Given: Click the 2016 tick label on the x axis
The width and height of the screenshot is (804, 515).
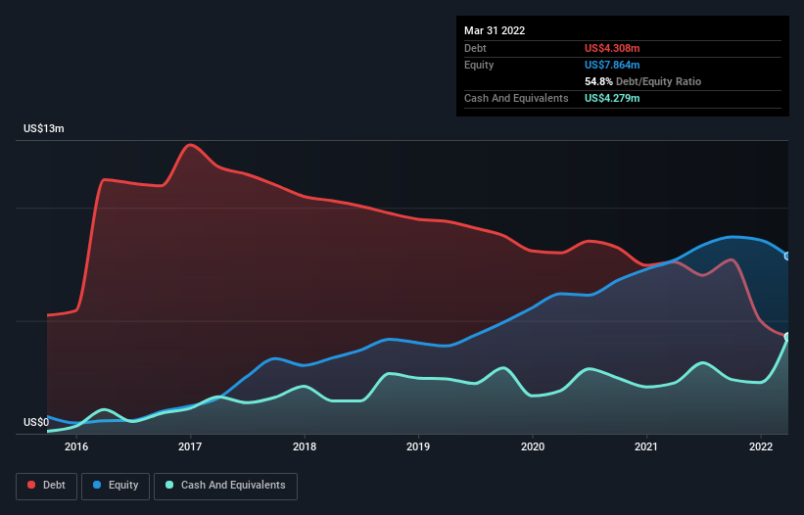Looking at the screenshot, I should [76, 446].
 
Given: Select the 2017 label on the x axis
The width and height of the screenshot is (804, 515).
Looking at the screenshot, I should [190, 446].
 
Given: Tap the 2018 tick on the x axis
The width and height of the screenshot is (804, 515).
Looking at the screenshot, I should [305, 446].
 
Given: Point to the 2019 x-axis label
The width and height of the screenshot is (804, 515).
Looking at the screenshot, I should [418, 446].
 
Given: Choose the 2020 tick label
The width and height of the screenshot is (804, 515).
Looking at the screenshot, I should [533, 446].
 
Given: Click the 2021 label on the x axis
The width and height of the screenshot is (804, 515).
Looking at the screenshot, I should [646, 446].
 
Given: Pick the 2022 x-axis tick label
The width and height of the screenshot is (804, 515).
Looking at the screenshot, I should [761, 446].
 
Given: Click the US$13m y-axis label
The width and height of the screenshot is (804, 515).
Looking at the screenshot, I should [43, 129].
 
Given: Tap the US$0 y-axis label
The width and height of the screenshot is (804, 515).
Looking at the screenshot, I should [36, 422].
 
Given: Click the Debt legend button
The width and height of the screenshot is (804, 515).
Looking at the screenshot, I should [47, 486].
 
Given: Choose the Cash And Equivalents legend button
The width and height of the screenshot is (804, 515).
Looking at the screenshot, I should [225, 486].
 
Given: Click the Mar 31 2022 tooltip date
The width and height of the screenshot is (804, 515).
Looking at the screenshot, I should [495, 30].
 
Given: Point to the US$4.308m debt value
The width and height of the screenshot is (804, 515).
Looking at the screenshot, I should [612, 48].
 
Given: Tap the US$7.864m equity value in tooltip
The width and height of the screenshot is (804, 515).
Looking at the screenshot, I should [612, 65].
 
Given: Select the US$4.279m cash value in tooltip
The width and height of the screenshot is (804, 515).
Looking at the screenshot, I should [612, 98].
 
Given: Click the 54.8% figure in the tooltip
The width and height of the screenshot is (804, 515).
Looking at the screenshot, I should [598, 81].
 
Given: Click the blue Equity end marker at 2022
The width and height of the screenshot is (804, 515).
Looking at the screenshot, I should [786, 257].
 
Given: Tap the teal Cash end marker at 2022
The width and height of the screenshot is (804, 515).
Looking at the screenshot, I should [786, 337].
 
